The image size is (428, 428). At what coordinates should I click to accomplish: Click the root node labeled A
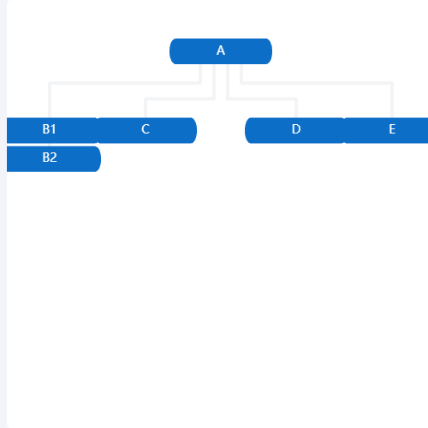click(221, 51)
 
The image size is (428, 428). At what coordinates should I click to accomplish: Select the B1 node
click(52, 130)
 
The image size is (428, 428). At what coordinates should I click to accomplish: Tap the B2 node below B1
click(54, 159)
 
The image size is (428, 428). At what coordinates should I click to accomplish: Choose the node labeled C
click(147, 130)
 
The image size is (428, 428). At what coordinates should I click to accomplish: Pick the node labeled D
click(295, 130)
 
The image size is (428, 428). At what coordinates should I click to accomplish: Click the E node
click(386, 130)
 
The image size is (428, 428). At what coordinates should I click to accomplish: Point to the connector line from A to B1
click(125, 83)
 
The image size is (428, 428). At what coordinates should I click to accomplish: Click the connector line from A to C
click(180, 98)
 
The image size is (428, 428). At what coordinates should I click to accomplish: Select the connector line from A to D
click(262, 98)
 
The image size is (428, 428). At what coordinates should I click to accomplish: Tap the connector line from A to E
click(317, 83)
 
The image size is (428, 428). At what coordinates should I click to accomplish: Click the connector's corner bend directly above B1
click(50, 83)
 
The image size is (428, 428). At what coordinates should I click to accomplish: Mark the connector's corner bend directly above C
click(146, 98)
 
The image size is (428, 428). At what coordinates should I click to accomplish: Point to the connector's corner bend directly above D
click(296, 98)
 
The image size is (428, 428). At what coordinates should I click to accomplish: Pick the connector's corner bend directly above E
click(392, 83)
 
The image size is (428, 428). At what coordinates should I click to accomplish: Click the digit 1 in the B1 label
click(53, 129)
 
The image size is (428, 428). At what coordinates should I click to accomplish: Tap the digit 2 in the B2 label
click(53, 158)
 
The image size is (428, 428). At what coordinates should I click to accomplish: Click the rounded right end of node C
click(193, 130)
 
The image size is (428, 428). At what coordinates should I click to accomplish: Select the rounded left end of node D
click(249, 130)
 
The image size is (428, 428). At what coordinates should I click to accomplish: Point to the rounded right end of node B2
click(97, 159)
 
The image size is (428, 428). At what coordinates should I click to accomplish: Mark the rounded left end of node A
click(174, 51)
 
